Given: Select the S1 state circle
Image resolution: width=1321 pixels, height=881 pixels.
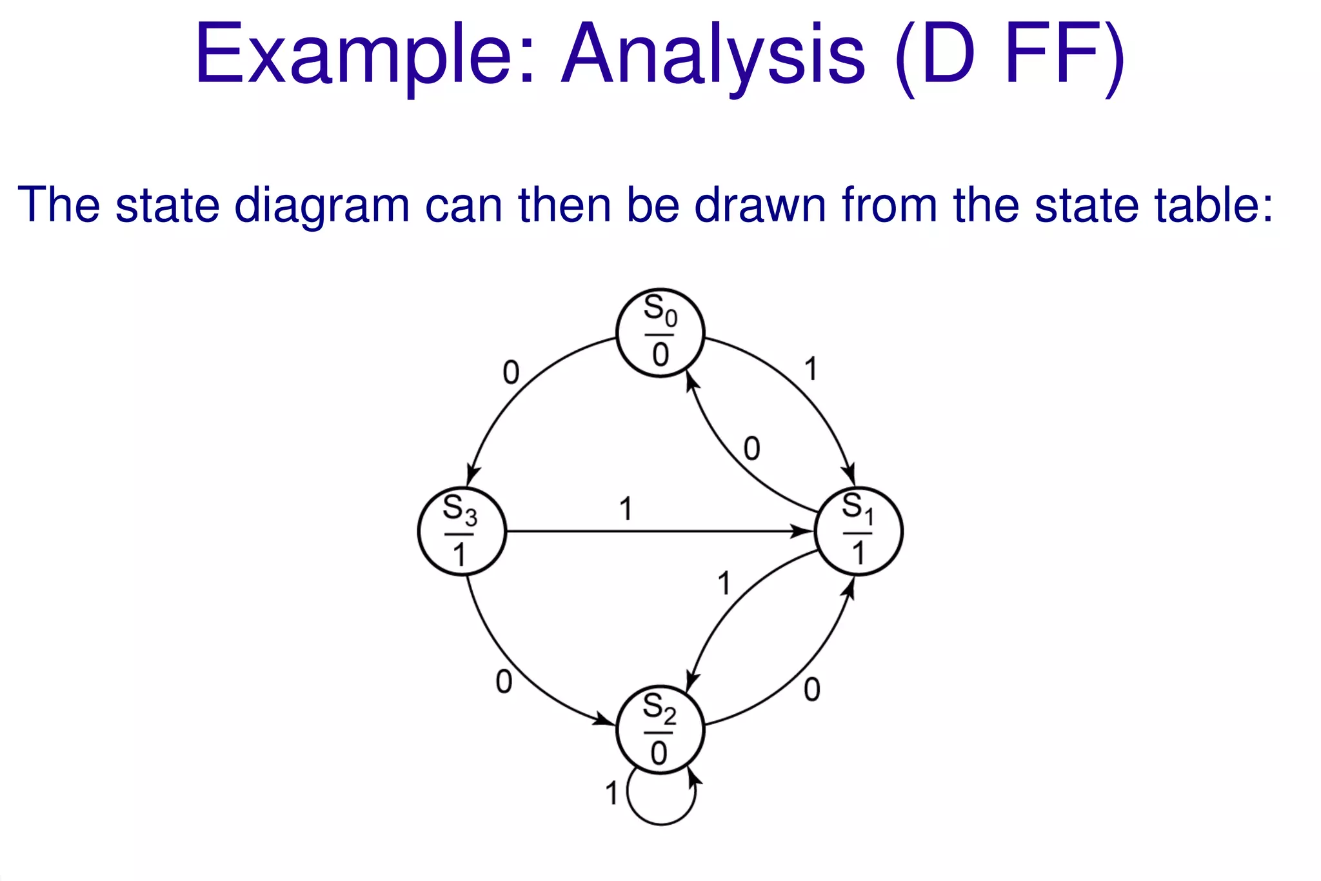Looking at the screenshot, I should point(859,531).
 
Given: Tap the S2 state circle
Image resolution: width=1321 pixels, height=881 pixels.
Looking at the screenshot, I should point(660,730).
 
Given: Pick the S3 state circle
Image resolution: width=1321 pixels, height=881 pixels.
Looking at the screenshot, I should point(461,531).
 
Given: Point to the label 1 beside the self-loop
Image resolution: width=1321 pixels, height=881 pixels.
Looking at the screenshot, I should point(611,793).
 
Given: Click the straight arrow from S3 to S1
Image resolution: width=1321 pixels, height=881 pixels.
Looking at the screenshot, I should point(645,532).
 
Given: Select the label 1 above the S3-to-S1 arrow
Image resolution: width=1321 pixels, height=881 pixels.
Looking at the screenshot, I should point(626,509).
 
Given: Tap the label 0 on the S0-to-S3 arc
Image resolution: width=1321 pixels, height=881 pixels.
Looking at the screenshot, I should point(511,373).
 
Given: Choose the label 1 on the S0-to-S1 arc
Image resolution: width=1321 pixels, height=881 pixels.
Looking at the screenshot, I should point(811,370).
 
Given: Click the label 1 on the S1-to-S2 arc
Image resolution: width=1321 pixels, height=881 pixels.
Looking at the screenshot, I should point(725,583).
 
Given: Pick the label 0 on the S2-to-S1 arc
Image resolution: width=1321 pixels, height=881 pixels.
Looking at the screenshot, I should point(812,691).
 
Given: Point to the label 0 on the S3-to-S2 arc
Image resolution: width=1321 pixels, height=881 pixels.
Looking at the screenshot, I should point(504,682).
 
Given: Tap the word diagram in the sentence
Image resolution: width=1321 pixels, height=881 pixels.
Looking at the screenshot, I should point(322,205).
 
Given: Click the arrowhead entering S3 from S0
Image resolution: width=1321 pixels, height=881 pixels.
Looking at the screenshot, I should point(472,477).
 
